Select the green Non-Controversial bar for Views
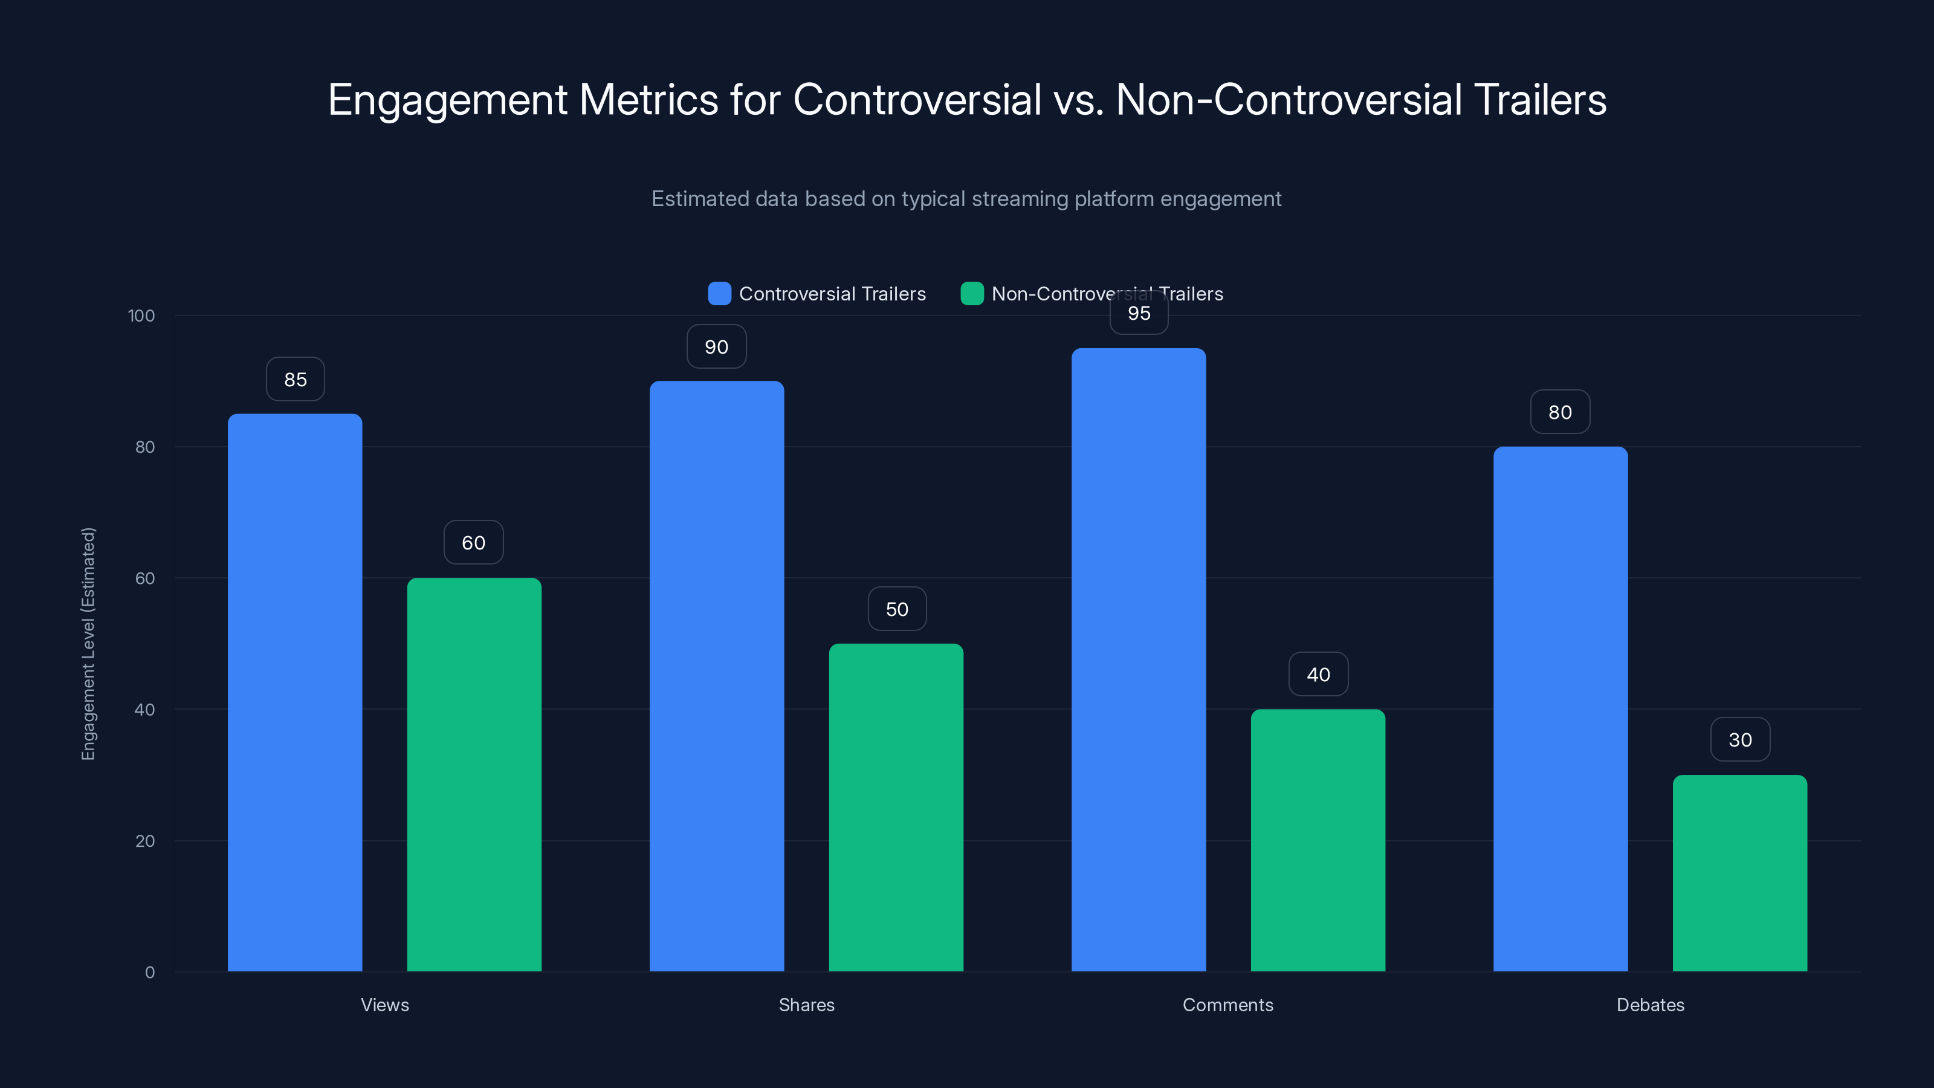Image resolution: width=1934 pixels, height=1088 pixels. [474, 774]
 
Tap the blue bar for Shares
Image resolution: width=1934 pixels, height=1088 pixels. [716, 676]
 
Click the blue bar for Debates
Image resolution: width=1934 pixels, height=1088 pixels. [1560, 709]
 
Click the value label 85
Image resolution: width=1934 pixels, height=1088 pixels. [295, 379]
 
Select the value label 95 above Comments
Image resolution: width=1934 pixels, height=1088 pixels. [1139, 314]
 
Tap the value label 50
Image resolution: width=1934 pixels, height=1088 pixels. [896, 609]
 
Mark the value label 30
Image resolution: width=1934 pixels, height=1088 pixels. [1739, 740]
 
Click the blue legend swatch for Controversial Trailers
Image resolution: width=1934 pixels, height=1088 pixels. [719, 294]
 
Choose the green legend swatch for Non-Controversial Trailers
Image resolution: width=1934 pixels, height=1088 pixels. [971, 294]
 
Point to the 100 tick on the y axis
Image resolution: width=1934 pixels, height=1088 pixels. [141, 316]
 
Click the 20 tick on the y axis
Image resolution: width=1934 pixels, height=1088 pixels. [145, 841]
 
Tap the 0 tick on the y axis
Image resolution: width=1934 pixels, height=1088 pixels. [149, 973]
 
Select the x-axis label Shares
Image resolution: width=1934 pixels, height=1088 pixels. [806, 1005]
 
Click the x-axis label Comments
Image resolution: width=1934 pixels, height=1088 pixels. [1227, 1005]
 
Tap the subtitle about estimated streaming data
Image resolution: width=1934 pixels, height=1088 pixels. [966, 199]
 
